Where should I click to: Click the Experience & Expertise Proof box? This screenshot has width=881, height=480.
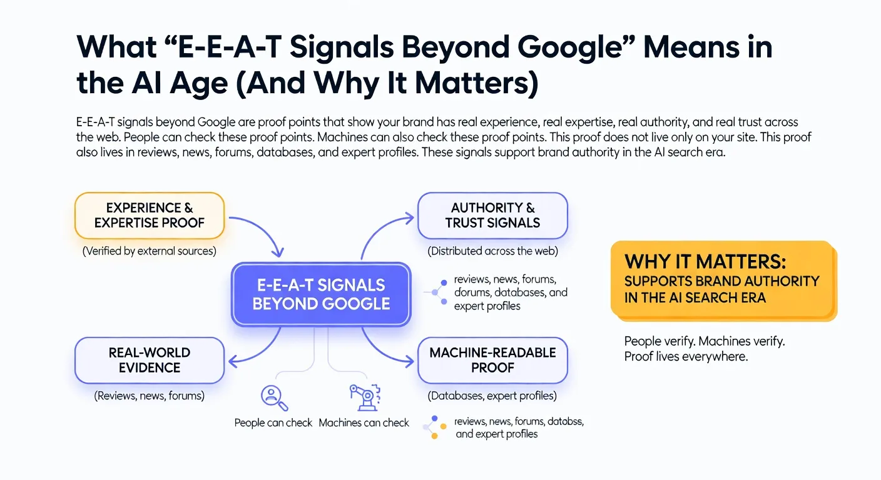tap(149, 216)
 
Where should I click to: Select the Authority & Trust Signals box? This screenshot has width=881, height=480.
tap(492, 216)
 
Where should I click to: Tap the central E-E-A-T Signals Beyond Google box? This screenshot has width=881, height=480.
tap(321, 294)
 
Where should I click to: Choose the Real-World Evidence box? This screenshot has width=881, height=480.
tap(149, 361)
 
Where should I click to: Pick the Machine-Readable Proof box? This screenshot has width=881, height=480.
tap(492, 361)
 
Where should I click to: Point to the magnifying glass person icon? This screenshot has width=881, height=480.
tap(272, 396)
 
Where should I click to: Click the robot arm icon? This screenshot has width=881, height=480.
tap(363, 396)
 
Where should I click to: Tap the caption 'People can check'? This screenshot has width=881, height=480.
tap(273, 423)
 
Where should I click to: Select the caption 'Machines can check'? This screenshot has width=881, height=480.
tap(364, 423)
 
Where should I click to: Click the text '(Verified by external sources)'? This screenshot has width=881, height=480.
tap(149, 251)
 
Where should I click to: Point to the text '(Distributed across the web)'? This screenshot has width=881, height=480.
tap(492, 251)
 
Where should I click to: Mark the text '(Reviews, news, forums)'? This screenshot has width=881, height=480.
tap(149, 396)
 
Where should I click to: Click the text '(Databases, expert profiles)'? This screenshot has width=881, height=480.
tap(492, 396)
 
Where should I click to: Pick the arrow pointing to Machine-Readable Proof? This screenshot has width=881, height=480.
tap(385, 353)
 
